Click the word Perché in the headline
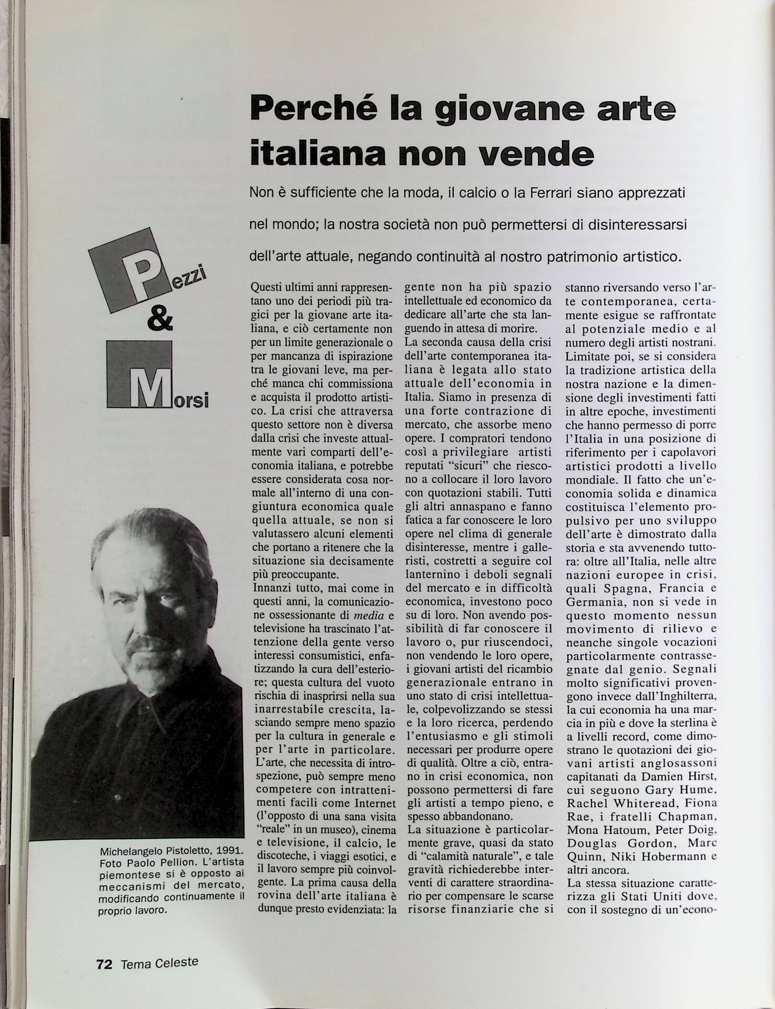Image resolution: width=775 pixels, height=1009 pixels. (306, 109)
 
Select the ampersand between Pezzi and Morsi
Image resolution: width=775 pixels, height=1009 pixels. (160, 319)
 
